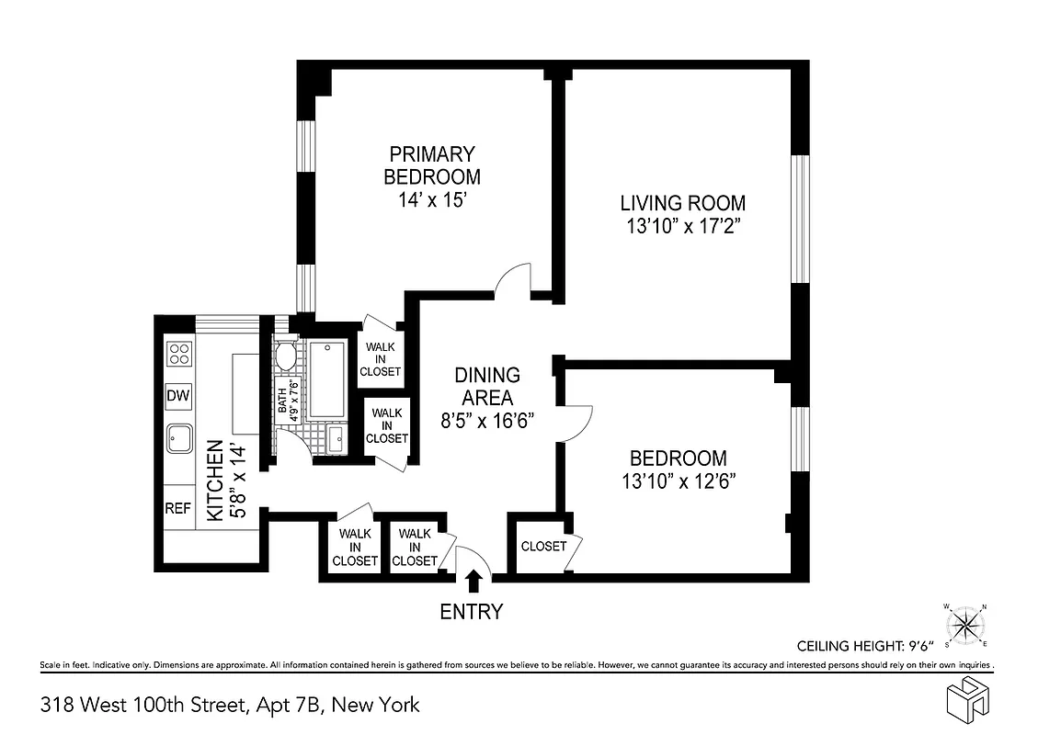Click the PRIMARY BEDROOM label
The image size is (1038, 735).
tap(431, 165)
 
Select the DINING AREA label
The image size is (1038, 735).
tap(486, 386)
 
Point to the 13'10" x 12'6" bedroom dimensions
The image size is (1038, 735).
tap(678, 480)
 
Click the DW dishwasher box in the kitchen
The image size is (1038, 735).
tap(177, 396)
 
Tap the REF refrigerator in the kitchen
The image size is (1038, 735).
tap(177, 508)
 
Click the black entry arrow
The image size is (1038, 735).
tap(474, 581)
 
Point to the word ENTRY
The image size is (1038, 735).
tap(472, 612)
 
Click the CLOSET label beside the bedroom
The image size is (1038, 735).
tap(543, 546)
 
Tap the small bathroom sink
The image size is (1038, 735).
tap(335, 437)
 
